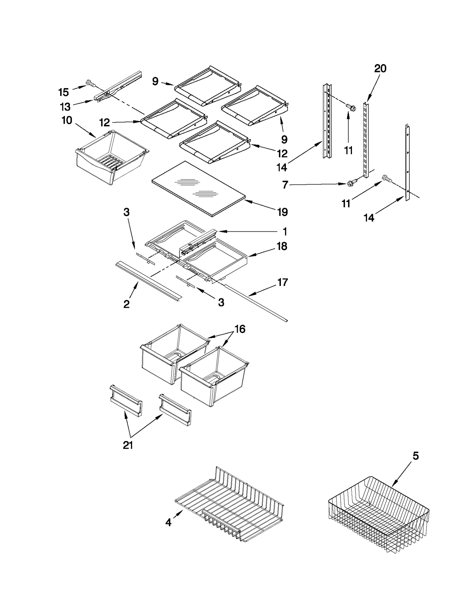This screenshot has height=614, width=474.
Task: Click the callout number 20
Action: (380, 69)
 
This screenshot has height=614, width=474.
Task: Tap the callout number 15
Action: (63, 92)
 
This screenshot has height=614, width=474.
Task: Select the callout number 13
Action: (65, 106)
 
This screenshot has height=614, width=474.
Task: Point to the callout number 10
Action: (67, 120)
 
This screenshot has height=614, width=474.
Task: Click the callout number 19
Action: (282, 212)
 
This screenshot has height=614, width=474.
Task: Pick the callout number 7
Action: (285, 185)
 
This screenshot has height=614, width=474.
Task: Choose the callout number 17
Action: (282, 282)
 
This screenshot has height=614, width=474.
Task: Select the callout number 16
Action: (240, 329)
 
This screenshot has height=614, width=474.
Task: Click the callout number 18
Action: (282, 246)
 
